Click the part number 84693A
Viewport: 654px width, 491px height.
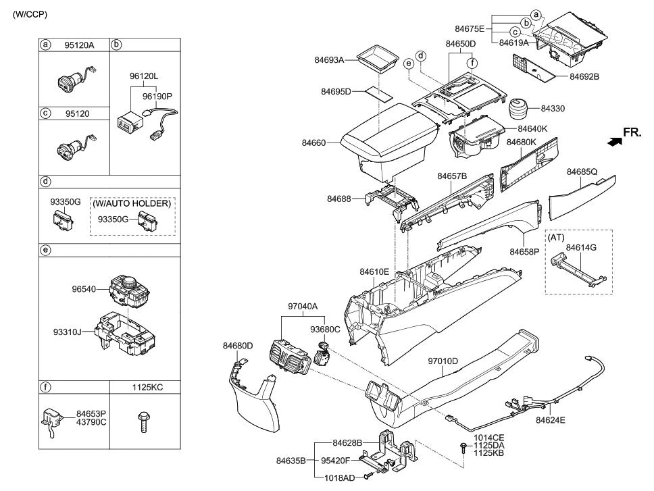[329, 60]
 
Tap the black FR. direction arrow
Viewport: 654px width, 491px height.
[613, 141]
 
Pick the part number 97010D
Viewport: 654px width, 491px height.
[443, 361]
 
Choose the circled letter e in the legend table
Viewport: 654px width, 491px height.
[45, 249]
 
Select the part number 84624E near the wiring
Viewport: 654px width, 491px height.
[551, 419]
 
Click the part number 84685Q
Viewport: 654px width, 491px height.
[582, 172]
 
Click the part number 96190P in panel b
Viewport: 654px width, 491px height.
[157, 97]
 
